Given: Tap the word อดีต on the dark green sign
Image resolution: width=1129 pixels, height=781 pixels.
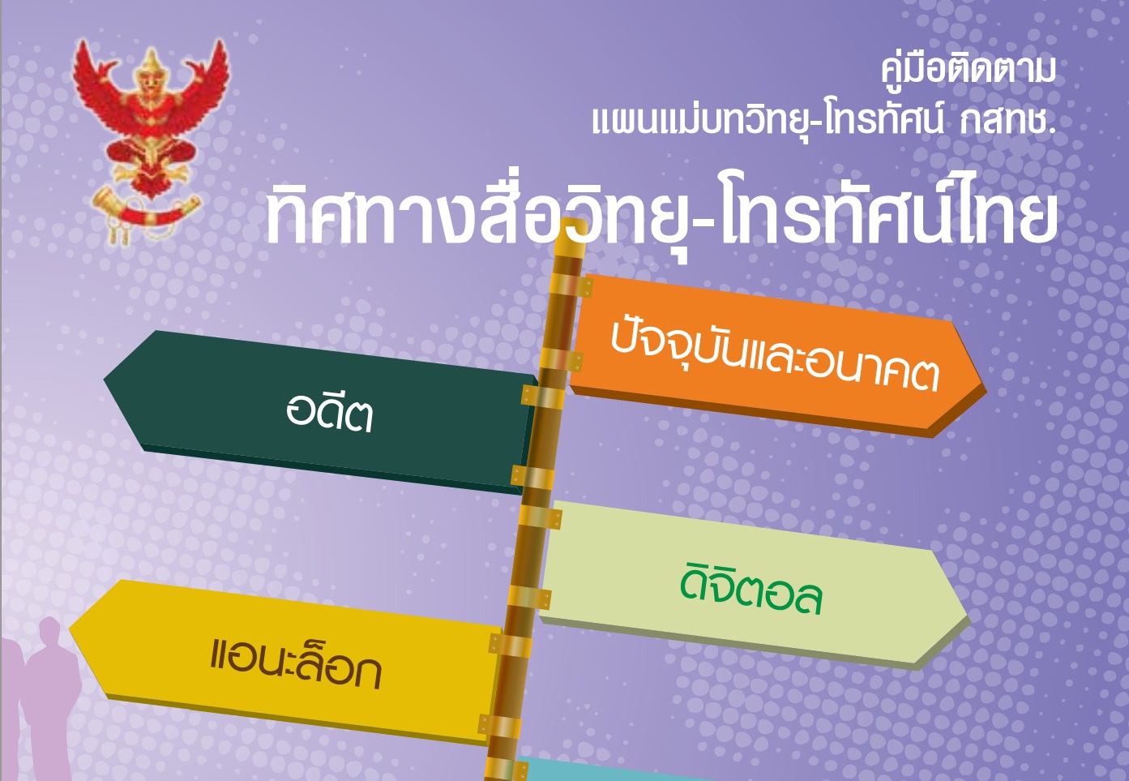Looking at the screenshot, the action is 329,413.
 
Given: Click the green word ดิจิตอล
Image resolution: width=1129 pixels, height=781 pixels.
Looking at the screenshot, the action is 751,595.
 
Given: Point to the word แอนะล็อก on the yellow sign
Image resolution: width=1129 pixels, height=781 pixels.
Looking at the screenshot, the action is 295,663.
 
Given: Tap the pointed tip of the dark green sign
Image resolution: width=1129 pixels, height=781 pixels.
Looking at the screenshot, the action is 105,380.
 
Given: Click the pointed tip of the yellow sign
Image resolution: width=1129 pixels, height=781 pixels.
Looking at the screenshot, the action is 70,629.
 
